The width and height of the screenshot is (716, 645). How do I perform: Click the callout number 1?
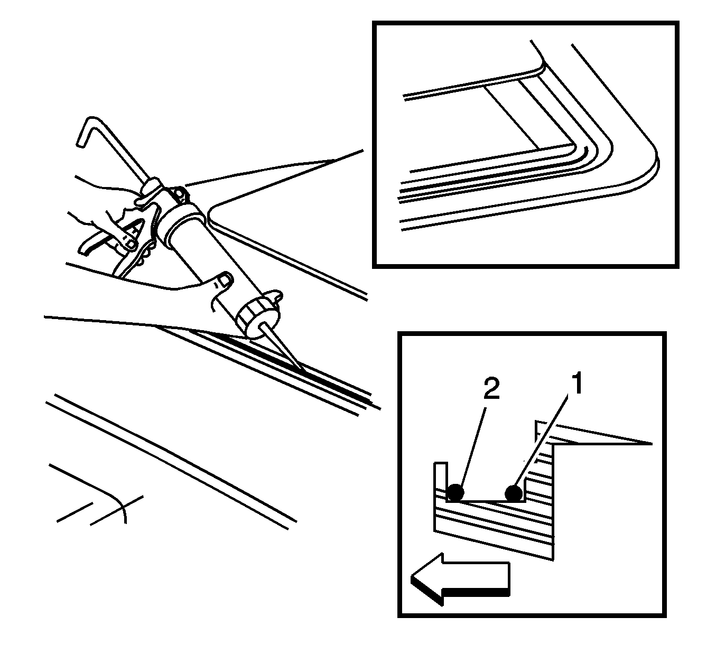tap(577, 382)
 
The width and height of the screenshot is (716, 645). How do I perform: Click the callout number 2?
tap(491, 389)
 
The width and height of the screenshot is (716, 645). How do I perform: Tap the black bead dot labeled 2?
tap(455, 492)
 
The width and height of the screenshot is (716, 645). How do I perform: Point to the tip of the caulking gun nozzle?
tap(303, 371)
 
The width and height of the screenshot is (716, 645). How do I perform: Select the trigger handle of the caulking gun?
tap(118, 236)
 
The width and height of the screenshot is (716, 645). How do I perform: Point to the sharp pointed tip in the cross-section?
tap(652, 444)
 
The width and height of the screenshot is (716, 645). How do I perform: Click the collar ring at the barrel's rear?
tap(180, 221)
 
